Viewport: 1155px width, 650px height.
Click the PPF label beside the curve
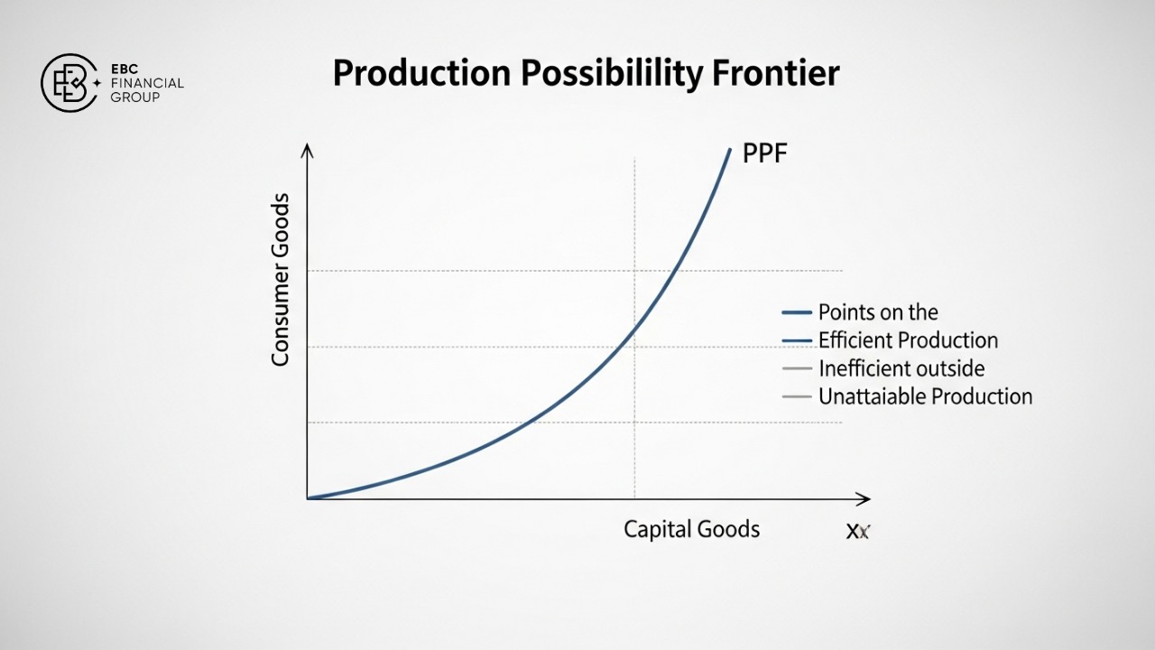(764, 153)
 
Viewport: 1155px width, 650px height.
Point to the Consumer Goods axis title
(281, 280)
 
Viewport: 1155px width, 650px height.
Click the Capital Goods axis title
(691, 529)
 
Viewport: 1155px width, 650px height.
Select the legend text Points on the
(878, 312)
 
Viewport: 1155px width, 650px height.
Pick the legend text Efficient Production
(908, 340)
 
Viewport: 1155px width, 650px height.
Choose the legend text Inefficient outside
(901, 368)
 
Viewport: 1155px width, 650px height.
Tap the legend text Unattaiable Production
(925, 396)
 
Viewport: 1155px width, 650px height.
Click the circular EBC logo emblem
(69, 83)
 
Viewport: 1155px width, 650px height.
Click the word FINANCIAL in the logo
(149, 83)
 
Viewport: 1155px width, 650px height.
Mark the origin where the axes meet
(308, 498)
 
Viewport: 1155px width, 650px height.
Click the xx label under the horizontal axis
(857, 532)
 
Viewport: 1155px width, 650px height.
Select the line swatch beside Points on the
(797, 312)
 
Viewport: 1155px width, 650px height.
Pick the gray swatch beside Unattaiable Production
(797, 396)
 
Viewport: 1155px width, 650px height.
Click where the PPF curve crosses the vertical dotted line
(635, 328)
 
